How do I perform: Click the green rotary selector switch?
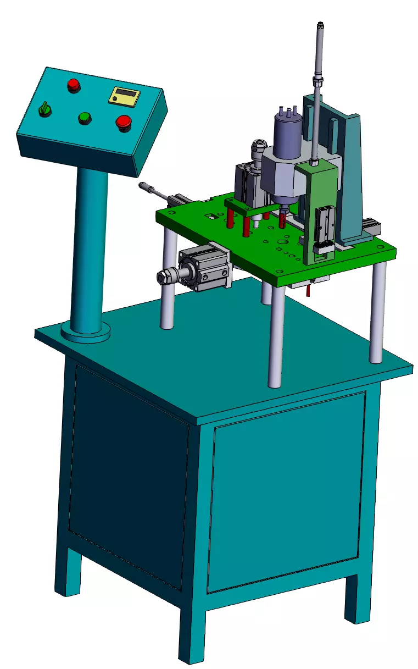pyautogui.click(x=44, y=109)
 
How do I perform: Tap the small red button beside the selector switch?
pyautogui.click(x=73, y=85)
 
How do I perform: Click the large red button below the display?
pyautogui.click(x=124, y=123)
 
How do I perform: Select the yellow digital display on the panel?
pyautogui.click(x=124, y=96)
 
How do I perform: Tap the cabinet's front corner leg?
pyautogui.click(x=192, y=632)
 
